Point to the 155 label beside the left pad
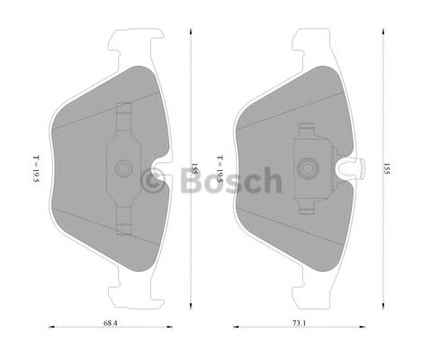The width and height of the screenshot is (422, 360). pyautogui.click(x=193, y=167)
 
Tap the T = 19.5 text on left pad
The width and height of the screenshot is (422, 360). pyautogui.click(x=34, y=167)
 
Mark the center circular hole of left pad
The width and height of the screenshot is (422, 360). pyautogui.click(x=125, y=167)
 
